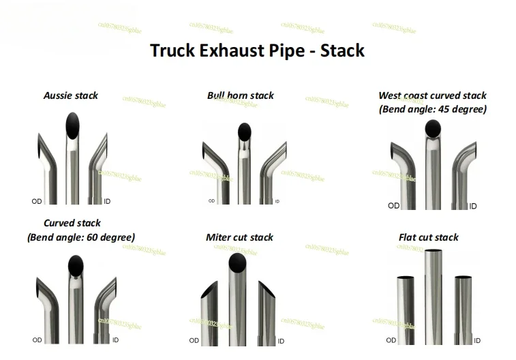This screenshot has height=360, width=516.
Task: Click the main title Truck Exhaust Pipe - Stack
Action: [257, 50]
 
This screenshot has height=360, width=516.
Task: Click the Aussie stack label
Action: [71, 95]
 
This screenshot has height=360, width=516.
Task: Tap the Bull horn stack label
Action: [240, 95]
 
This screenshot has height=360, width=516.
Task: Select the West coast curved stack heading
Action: [432, 95]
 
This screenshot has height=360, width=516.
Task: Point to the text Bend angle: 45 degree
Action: [432, 109]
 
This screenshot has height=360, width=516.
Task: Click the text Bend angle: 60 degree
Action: [81, 237]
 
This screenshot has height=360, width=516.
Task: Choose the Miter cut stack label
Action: [239, 237]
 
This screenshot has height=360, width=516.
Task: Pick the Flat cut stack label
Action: [428, 237]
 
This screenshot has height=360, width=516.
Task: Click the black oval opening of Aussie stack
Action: [72, 126]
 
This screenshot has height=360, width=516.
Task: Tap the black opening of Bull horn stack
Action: [243, 131]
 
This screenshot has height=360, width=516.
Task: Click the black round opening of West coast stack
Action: [432, 127]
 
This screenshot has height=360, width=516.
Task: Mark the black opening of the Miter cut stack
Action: [237, 262]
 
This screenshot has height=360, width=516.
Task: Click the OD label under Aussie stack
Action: [37, 201]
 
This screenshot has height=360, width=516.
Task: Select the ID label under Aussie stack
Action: [107, 201]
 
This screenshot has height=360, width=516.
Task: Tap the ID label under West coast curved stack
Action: [473, 206]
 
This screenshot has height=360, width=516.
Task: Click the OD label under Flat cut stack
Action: [391, 340]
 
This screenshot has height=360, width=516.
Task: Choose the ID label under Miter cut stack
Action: [281, 341]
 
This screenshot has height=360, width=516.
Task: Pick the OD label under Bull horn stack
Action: [211, 201]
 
